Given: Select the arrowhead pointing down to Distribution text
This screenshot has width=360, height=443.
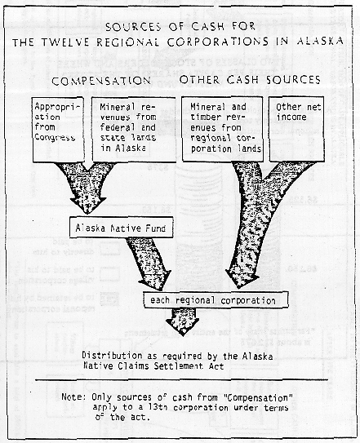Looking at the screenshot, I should [184, 325].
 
